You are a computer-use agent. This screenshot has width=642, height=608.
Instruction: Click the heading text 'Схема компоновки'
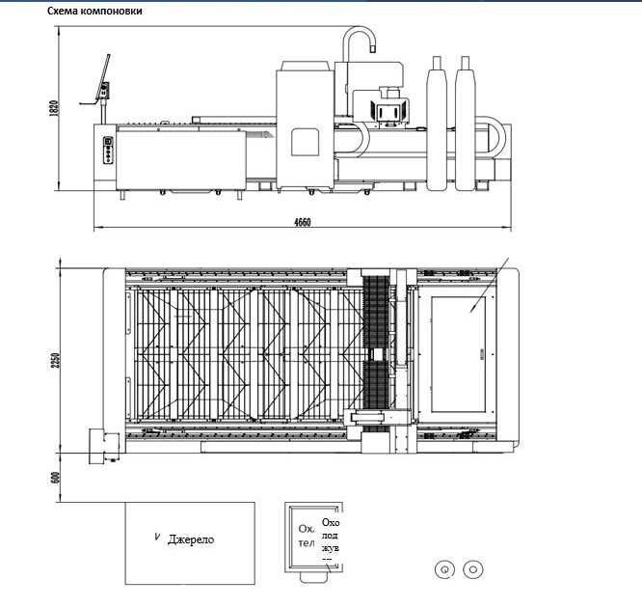click(96, 12)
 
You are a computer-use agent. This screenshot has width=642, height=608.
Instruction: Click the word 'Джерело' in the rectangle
click(191, 539)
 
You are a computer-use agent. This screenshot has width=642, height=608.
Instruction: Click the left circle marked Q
click(444, 568)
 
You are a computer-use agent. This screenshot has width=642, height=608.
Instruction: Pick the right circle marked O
click(472, 568)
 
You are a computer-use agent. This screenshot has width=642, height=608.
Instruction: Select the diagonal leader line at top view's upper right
click(491, 284)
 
